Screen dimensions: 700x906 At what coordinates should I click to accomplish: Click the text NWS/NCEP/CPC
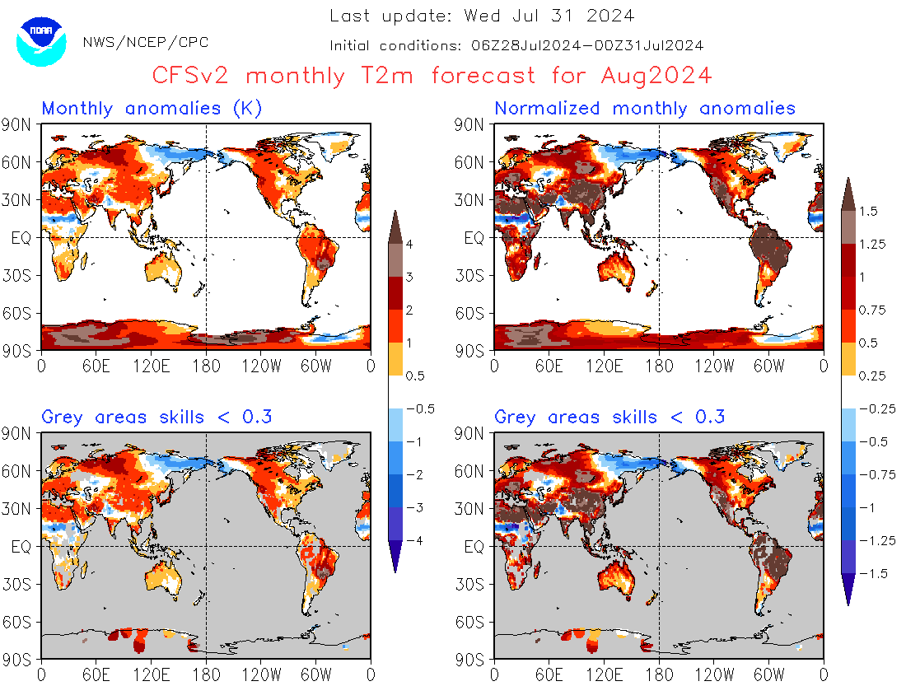[x=146, y=42]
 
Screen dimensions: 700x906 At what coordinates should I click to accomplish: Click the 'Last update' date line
[x=482, y=16]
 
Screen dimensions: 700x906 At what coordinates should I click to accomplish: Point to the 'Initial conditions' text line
[x=516, y=45]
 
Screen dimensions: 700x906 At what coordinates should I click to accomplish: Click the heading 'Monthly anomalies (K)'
[x=152, y=108]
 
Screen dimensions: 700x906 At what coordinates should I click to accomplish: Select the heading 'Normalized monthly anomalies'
[x=645, y=108]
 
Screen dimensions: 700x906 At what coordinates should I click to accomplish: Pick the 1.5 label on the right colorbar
[x=868, y=211]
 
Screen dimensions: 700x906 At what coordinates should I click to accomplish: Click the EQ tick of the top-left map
[x=22, y=238]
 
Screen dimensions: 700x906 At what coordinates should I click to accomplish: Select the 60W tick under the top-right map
[x=768, y=366]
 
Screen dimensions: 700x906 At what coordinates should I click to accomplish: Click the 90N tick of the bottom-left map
[x=21, y=432]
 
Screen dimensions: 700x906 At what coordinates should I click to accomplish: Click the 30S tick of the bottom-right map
[x=474, y=584]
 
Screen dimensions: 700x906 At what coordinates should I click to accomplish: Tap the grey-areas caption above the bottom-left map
[x=156, y=417]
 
